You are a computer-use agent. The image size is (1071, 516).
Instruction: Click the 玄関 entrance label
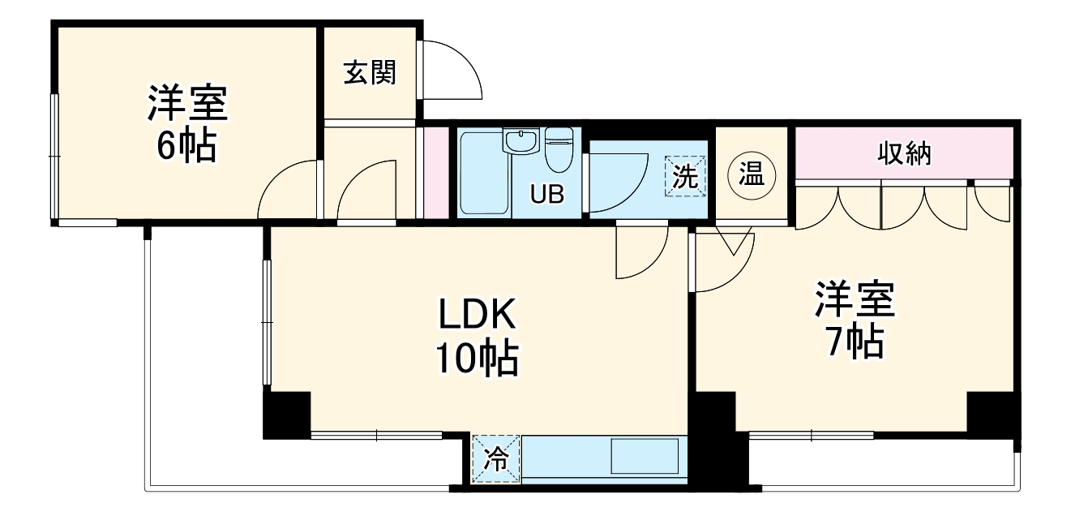(370, 74)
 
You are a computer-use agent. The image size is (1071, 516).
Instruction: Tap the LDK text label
(478, 316)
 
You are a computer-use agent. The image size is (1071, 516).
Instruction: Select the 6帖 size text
(187, 145)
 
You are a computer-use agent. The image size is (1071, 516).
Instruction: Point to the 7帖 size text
(855, 343)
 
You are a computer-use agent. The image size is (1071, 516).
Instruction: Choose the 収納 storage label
(904, 153)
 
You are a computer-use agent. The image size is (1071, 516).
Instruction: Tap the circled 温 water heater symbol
(752, 174)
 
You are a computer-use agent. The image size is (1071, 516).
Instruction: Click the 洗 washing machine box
(687, 177)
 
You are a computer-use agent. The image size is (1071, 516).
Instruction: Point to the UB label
(545, 195)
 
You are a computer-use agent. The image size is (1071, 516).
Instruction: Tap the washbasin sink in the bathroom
(520, 142)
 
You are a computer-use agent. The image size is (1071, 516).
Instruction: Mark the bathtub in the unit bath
(484, 174)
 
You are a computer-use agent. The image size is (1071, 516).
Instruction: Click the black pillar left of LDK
(287, 415)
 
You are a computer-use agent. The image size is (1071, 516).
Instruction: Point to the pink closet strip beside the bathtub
(436, 172)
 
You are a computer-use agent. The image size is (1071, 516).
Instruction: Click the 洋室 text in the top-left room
(187, 104)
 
